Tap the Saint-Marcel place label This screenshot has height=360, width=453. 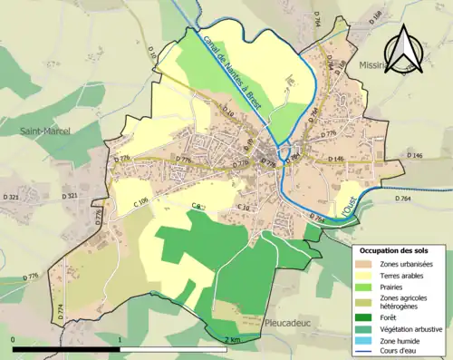point(46,131)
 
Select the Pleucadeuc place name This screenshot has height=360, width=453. point(292,322)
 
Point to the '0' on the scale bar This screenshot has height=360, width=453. point(14,340)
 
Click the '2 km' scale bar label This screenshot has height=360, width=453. point(236,340)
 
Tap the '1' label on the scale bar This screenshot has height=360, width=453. point(120,340)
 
